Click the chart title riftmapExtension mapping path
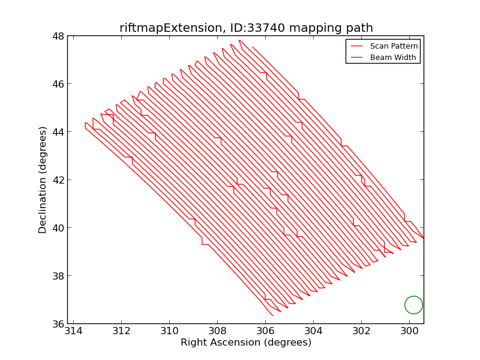point(246,28)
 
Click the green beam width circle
point(413,305)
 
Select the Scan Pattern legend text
point(394,46)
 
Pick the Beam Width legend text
point(393,57)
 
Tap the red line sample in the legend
point(357,46)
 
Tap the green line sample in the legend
point(357,57)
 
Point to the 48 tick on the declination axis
point(58,36)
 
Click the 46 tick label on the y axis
point(58,84)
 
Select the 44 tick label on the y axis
point(58,132)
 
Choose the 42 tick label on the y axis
point(58,180)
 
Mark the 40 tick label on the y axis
point(58,228)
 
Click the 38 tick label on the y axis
point(58,276)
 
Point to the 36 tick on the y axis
point(58,324)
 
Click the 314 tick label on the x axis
point(73,331)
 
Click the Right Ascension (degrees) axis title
point(246,343)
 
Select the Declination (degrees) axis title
point(43,180)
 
